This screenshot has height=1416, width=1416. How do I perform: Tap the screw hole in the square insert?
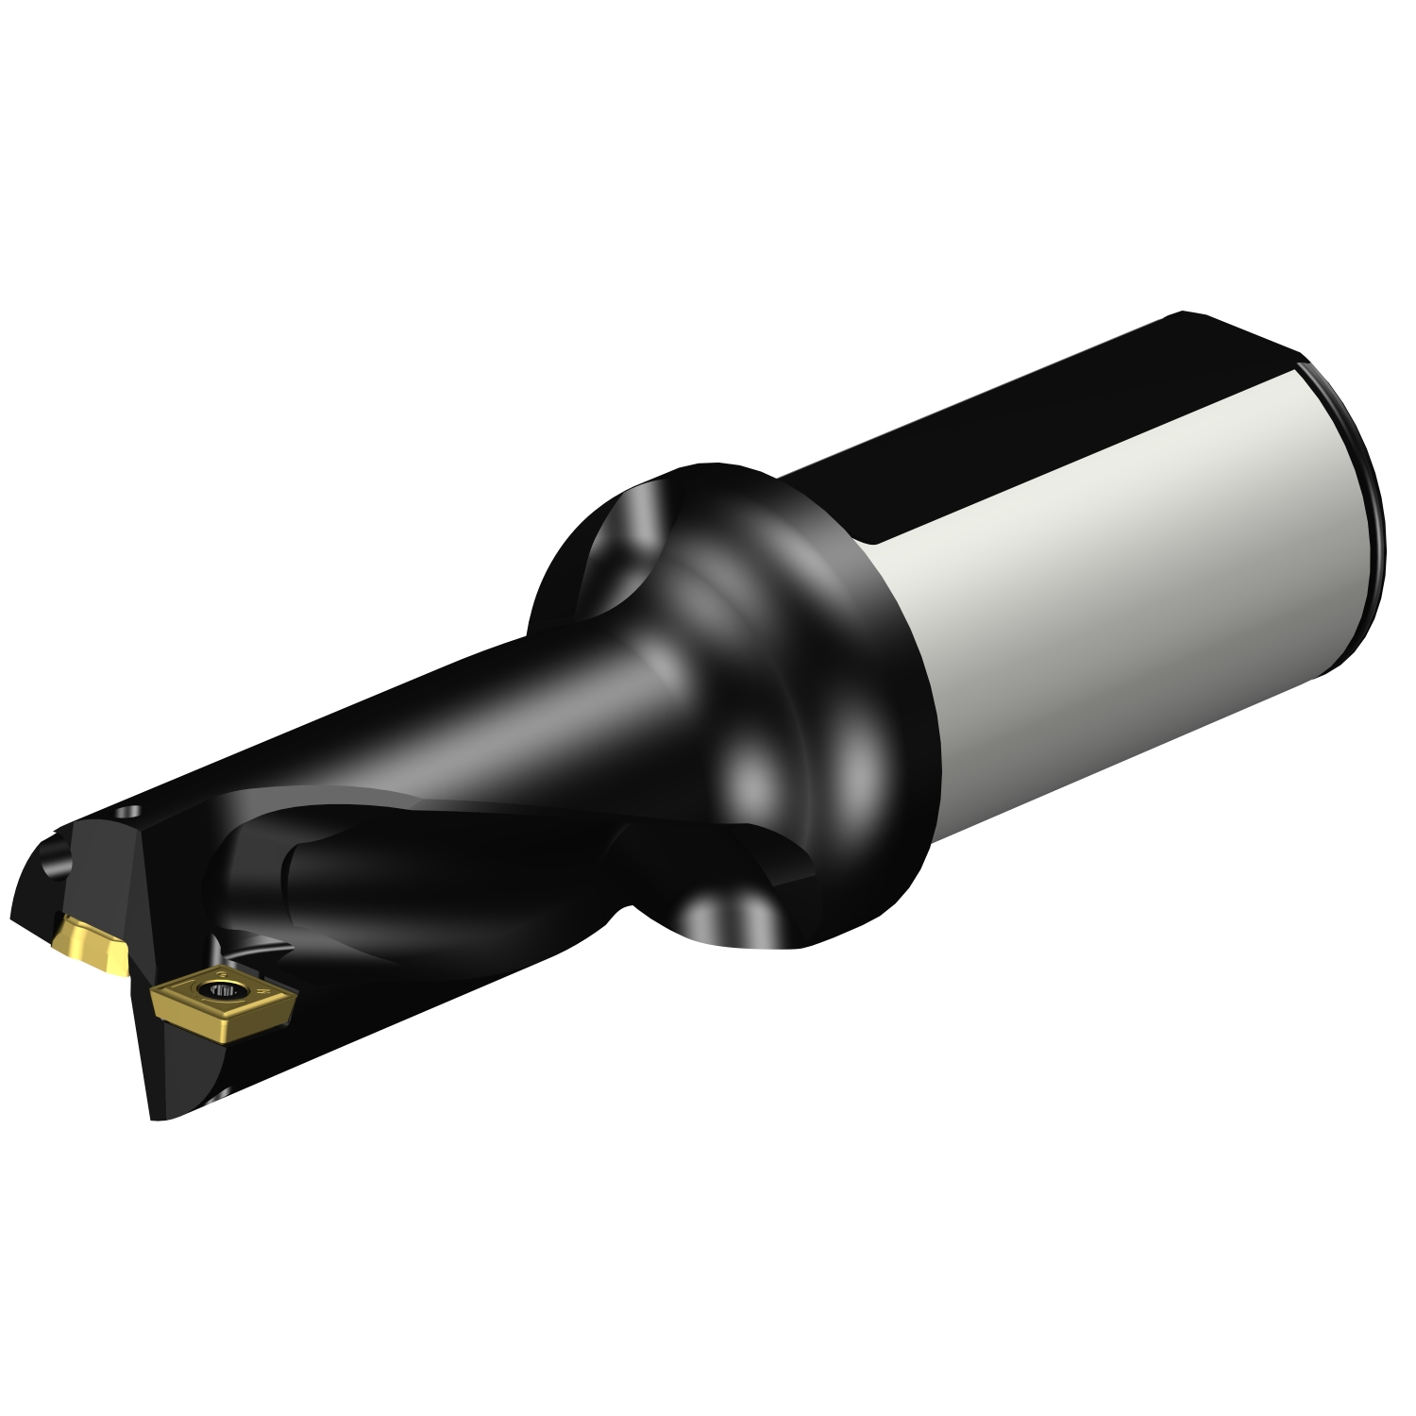click(x=226, y=989)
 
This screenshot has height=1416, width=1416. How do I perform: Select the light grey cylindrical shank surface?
click(x=1114, y=585)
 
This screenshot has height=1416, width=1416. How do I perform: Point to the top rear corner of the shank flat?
click(x=1185, y=314)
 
